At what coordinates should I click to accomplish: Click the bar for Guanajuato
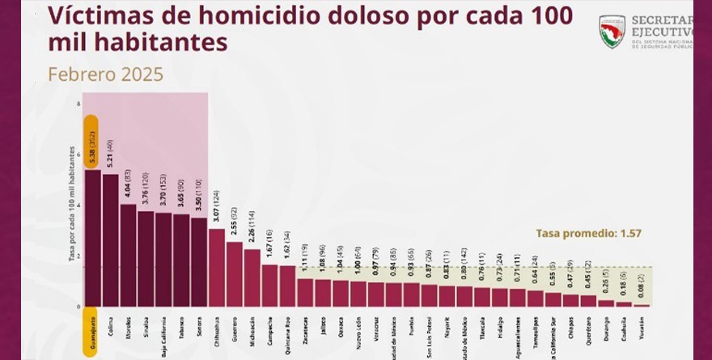pyautogui.click(x=92, y=239)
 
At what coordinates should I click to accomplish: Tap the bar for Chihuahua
pyautogui.click(x=216, y=268)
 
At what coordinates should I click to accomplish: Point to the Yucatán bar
pyautogui.click(x=641, y=305)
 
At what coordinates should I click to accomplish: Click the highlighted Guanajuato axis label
pyautogui.click(x=92, y=329)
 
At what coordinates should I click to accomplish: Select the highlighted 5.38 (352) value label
pyautogui.click(x=92, y=142)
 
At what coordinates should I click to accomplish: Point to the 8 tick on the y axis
pyautogui.click(x=78, y=104)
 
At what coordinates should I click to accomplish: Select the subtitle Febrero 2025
pyautogui.click(x=105, y=74)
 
